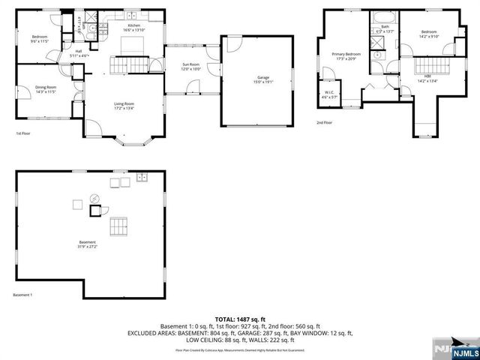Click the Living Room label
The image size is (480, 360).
(x=124, y=106)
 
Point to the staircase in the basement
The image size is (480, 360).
(x=119, y=226)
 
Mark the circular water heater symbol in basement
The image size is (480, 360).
(x=94, y=199)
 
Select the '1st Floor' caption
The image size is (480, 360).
(x=23, y=133)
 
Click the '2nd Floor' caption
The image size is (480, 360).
(x=324, y=122)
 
